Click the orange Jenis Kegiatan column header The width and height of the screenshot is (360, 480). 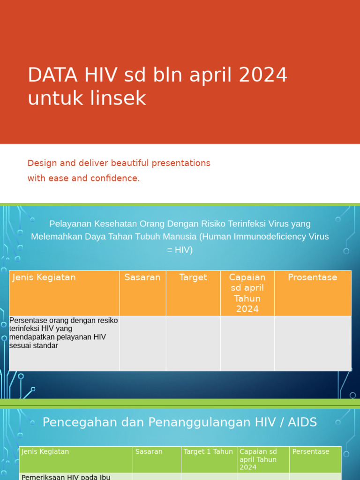pyautogui.click(x=44, y=277)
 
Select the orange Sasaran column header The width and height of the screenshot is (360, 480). pyautogui.click(x=142, y=277)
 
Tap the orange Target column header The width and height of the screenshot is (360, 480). pyautogui.click(x=193, y=277)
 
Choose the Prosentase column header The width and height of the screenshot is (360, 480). pyautogui.click(x=312, y=277)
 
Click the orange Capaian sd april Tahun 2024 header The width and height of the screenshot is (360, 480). pyautogui.click(x=247, y=293)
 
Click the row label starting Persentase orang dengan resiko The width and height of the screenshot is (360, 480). pyautogui.click(x=63, y=333)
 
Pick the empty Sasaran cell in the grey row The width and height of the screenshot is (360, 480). pyautogui.click(x=142, y=343)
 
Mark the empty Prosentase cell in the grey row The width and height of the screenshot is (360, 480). pyautogui.click(x=312, y=343)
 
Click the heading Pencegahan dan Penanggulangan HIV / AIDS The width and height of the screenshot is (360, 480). pyautogui.click(x=180, y=422)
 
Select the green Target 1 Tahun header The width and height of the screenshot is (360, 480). pyautogui.click(x=208, y=452)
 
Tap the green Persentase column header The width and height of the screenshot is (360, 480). pyautogui.click(x=311, y=452)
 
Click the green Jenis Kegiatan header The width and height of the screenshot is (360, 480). pyautogui.click(x=45, y=452)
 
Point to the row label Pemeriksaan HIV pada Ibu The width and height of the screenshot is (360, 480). pyautogui.click(x=66, y=477)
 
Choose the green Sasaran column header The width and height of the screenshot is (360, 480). pyautogui.click(x=149, y=452)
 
